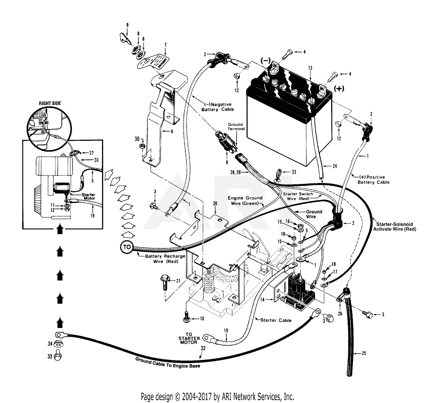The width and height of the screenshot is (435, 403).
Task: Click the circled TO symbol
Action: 127,247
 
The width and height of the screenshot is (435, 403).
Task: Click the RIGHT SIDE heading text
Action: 50,103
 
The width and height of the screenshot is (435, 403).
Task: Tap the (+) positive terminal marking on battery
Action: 339,88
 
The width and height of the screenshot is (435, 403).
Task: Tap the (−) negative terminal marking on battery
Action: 265,60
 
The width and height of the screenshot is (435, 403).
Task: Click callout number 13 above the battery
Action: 310,68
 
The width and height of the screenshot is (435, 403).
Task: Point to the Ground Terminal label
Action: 236,127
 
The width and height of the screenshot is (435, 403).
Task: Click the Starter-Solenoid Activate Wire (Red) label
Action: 394,226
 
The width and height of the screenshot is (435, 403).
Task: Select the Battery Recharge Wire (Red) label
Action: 165,259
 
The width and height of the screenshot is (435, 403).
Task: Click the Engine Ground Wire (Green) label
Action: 245,201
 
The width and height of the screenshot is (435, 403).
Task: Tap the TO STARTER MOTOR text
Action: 189,338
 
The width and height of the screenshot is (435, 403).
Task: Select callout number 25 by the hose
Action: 364,353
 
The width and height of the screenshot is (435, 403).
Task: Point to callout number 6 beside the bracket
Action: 172,131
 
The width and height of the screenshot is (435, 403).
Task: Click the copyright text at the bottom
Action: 217,397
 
